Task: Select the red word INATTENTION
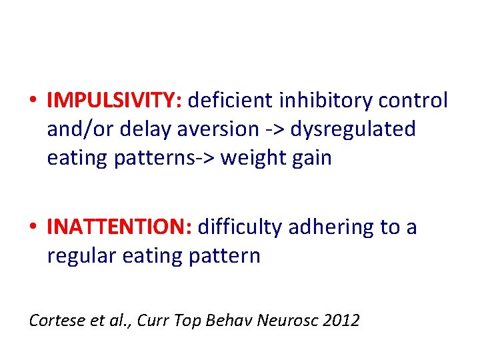click(x=119, y=227)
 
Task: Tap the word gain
click(x=311, y=159)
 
